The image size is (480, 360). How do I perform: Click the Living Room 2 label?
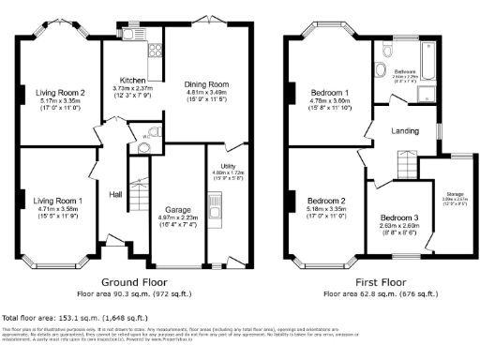(x=57, y=93)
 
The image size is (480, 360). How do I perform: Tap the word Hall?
(x=116, y=194)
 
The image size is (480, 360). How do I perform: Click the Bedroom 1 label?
(x=330, y=93)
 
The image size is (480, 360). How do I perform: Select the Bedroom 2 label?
(x=327, y=201)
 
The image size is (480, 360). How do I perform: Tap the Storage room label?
(x=455, y=194)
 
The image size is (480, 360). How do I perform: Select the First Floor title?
(x=371, y=279)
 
